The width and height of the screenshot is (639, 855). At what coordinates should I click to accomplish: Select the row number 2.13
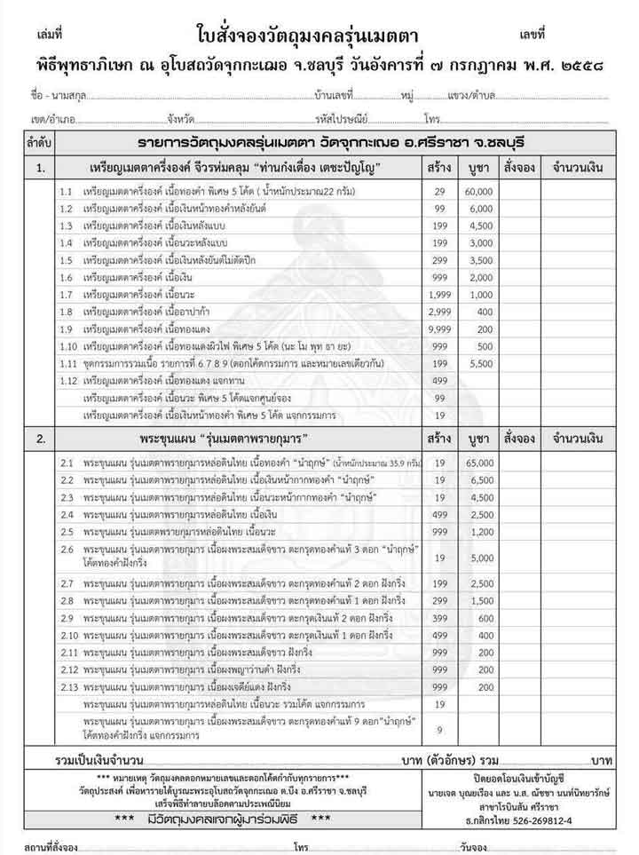(x=70, y=687)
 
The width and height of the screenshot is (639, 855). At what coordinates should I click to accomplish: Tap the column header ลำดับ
(x=41, y=142)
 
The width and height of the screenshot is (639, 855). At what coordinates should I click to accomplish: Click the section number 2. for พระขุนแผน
(x=41, y=439)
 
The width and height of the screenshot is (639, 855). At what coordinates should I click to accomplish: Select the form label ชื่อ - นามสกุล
(x=53, y=94)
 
